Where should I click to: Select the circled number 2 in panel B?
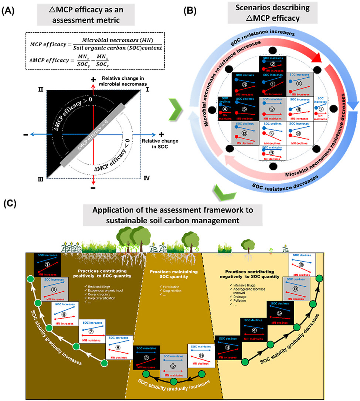pyautogui.click(x=272, y=64)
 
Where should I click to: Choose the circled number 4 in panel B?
pyautogui.click(x=224, y=110)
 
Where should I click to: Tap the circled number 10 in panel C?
pyautogui.click(x=301, y=265)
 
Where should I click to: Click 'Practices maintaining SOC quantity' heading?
pyautogui.click(x=176, y=274)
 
